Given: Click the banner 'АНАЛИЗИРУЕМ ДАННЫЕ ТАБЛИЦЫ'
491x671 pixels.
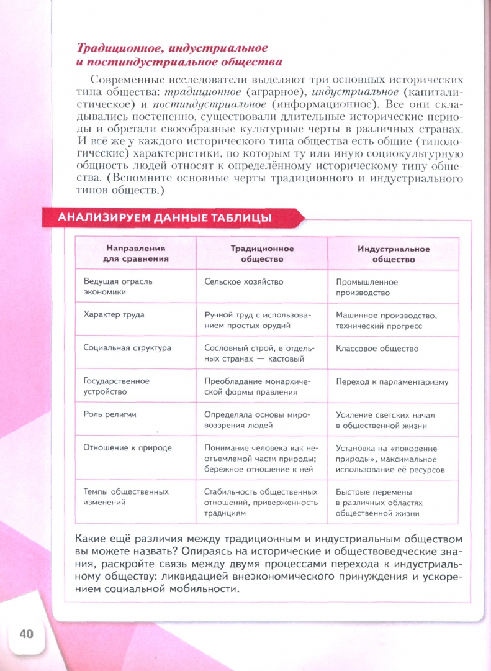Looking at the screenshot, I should point(164,217).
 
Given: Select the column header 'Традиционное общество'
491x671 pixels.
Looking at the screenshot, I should point(262,253).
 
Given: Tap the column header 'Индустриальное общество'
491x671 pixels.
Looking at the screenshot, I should point(393,254).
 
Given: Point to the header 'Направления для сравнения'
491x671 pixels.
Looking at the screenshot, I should point(135,253).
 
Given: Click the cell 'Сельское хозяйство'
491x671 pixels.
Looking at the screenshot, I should point(244,281).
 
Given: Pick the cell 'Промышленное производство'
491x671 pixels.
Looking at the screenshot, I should point(367,287).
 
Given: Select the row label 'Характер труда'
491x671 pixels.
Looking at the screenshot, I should point(114,314).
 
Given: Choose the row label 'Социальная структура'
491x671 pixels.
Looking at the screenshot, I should point(127,348).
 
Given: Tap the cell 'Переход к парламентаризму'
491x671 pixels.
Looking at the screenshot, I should point(392,382).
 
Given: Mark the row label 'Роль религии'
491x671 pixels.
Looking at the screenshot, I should point(110,414).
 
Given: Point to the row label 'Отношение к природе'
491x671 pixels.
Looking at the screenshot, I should point(127,447).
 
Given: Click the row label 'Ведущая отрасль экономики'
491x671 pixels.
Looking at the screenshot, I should point(118,286).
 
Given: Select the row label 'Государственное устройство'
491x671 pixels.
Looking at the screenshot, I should point(117,386).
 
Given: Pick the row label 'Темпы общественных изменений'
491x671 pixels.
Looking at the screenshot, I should point(126,496).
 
